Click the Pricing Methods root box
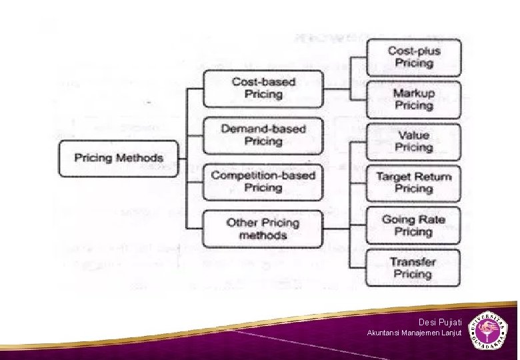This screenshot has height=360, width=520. click(x=119, y=158)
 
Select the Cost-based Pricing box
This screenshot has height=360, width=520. click(x=263, y=88)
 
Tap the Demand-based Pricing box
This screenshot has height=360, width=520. click(x=263, y=135)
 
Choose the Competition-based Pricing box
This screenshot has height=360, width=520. click(x=263, y=181)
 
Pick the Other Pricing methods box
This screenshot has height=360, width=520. click(x=263, y=229)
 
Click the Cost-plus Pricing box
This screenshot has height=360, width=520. click(x=413, y=57)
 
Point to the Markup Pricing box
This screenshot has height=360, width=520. click(x=413, y=99)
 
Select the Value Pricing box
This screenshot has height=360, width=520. click(x=413, y=141)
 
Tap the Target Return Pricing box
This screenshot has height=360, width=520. click(x=413, y=183)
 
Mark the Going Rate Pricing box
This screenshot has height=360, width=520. click(x=413, y=225)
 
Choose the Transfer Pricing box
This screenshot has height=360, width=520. click(x=413, y=267)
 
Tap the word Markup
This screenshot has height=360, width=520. click(x=413, y=93)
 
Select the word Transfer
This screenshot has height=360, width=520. click(x=413, y=261)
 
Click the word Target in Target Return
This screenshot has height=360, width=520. click(x=393, y=177)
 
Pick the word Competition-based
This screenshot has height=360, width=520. click(x=263, y=175)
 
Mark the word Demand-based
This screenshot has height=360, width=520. click(x=263, y=129)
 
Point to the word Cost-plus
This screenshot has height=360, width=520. click(x=414, y=51)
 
